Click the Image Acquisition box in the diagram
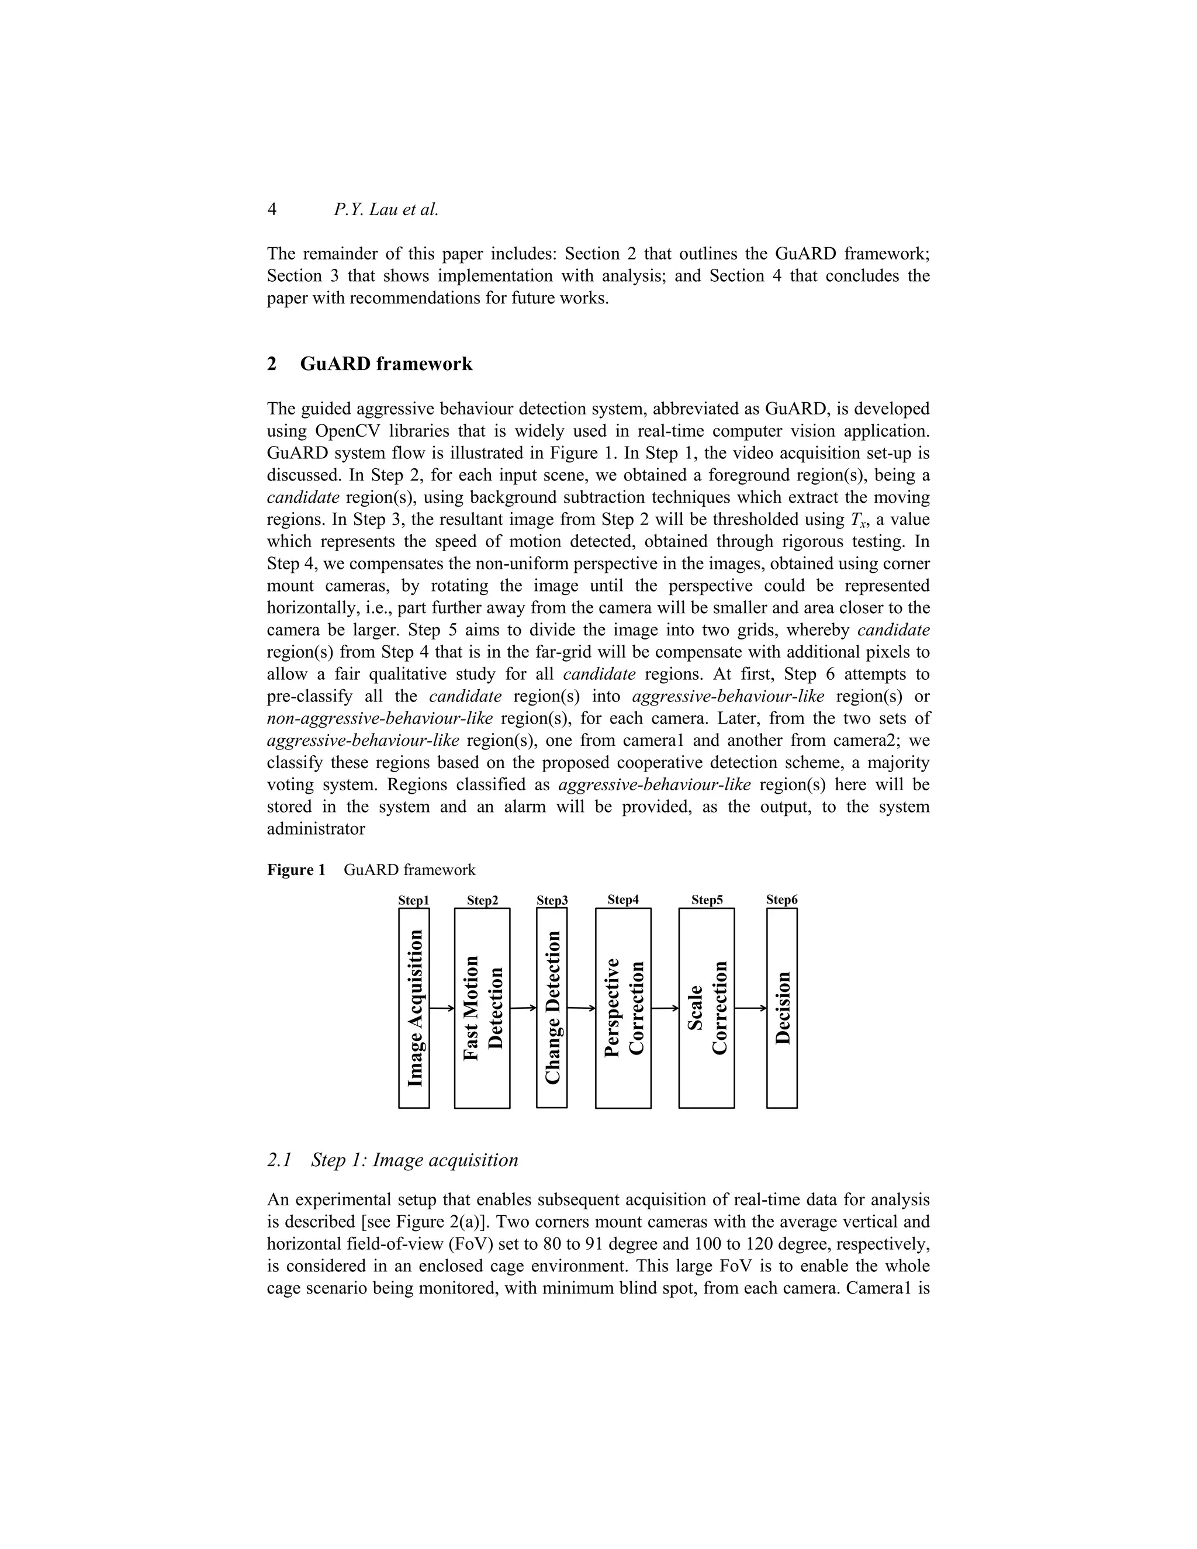point(414,1008)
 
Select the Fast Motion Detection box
point(482,1008)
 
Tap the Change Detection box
point(552,1008)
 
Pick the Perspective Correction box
point(623,1008)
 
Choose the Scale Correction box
point(706,1008)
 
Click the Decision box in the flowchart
point(781,1008)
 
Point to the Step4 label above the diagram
point(623,900)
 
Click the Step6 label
point(781,900)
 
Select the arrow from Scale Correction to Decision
point(750,1008)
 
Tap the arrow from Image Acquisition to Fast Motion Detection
point(442,1008)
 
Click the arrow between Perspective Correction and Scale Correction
point(665,1008)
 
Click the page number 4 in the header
point(272,209)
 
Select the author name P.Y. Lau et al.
point(386,209)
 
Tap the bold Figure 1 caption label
point(296,870)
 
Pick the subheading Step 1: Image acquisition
point(414,1160)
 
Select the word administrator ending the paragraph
point(316,829)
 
